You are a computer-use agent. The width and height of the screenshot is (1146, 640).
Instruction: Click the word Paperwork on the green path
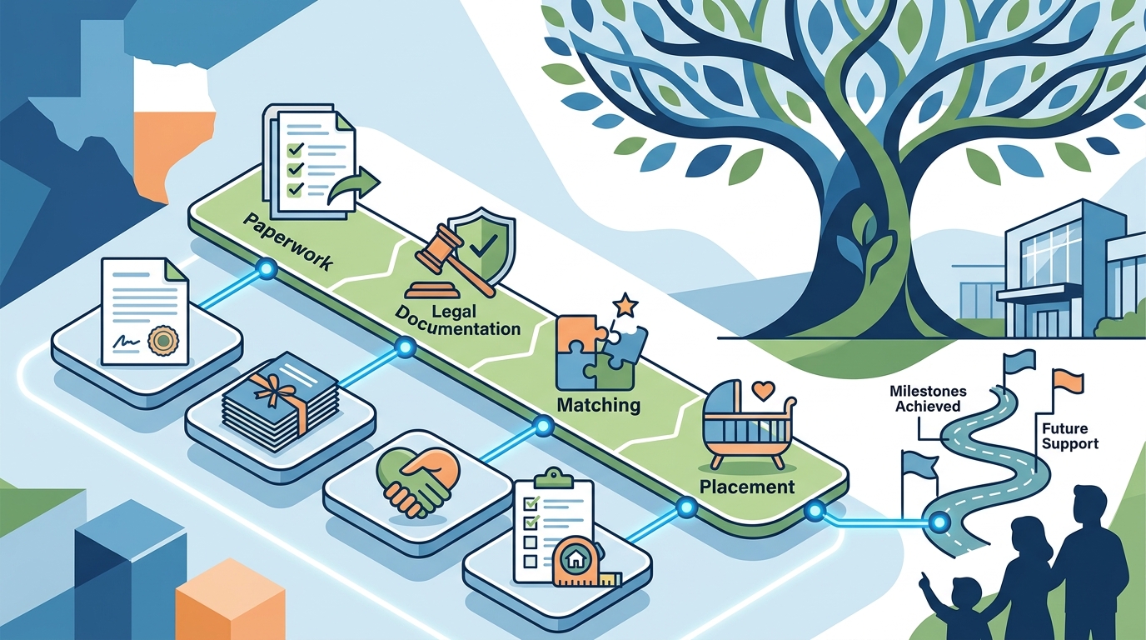point(287,242)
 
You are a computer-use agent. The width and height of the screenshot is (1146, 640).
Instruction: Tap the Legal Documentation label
point(458,319)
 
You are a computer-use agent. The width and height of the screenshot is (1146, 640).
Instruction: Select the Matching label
point(599,406)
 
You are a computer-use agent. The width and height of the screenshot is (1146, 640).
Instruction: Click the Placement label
point(747,487)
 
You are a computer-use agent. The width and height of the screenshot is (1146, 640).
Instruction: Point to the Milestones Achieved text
point(928,399)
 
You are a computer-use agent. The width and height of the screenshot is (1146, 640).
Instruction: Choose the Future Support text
point(1070,436)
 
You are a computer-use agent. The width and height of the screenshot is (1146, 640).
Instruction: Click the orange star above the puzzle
point(625,305)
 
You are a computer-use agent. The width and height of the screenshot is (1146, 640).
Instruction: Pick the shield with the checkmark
point(481,247)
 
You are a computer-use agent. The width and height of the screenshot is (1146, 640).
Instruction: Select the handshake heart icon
point(418,482)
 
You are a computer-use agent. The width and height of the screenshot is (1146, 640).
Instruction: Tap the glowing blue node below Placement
point(685,507)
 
